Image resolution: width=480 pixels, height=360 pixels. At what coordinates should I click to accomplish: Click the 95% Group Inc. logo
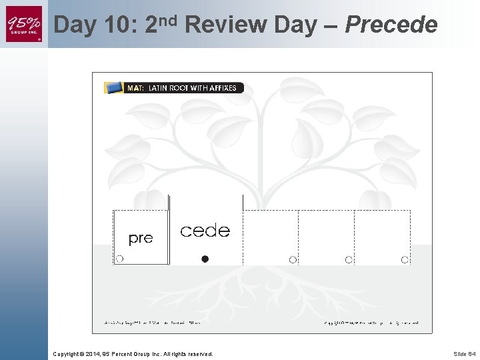24,24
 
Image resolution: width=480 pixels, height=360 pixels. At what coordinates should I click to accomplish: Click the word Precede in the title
391,25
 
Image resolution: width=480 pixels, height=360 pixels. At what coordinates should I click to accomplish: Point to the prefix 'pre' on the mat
140,238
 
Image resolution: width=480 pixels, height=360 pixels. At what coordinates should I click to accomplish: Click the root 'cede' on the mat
205,231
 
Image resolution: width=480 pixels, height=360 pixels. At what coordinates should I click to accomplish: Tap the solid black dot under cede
205,259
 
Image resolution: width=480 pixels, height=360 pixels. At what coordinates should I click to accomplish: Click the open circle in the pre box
119,259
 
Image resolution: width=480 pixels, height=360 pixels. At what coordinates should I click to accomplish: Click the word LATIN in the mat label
159,88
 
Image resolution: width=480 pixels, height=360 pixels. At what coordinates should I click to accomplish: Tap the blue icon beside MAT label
113,87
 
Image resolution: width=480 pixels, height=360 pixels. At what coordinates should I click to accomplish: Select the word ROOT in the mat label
180,88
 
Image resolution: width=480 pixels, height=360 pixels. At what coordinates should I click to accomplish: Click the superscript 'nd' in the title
169,19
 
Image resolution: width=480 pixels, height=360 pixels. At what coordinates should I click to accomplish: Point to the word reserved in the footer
199,354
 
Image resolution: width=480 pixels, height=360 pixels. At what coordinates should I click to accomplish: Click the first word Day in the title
76,25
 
